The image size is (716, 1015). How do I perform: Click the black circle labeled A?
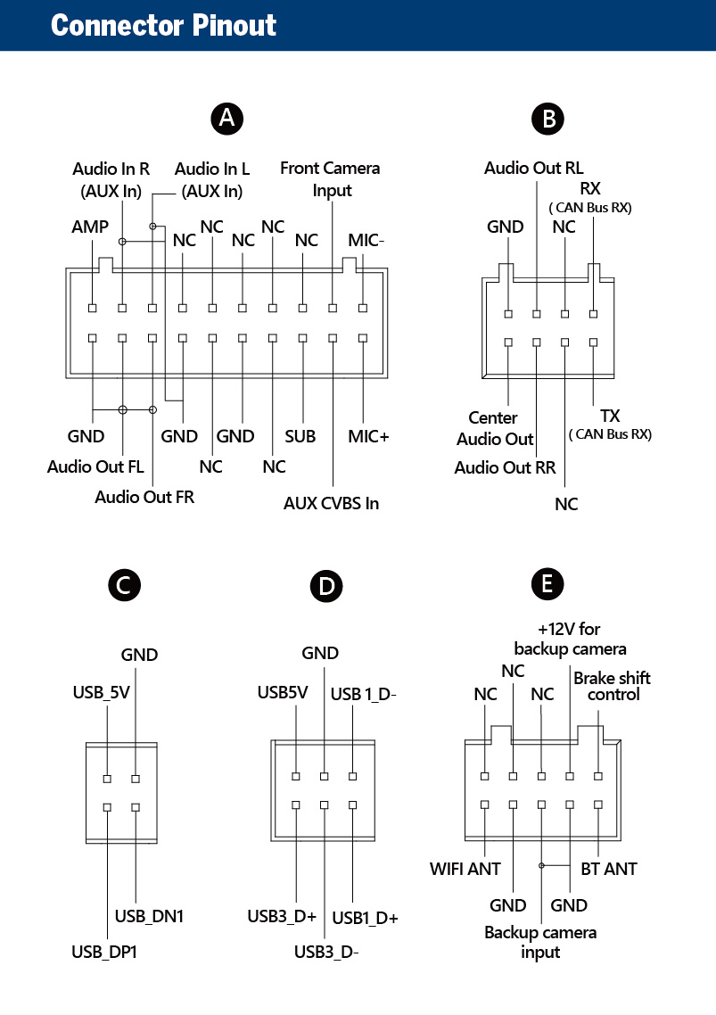click(227, 118)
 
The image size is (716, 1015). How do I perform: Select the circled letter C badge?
click(123, 584)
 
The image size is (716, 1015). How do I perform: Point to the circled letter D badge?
click(326, 586)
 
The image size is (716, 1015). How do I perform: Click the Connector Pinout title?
click(164, 25)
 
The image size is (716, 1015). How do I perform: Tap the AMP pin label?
click(90, 227)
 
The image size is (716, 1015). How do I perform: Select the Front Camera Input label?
click(330, 178)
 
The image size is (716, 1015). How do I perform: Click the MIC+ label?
click(368, 436)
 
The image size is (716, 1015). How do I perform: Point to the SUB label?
click(300, 436)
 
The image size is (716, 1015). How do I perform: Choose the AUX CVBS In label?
click(331, 503)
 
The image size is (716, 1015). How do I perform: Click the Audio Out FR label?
click(144, 497)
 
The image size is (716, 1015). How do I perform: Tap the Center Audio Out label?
click(495, 428)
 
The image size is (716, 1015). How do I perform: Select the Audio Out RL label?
click(534, 168)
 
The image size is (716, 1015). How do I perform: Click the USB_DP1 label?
click(103, 952)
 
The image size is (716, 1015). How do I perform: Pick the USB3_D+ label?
click(282, 916)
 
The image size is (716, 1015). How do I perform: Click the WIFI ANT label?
click(465, 868)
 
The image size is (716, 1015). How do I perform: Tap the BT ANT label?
click(609, 868)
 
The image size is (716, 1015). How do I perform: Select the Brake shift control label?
click(612, 685)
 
